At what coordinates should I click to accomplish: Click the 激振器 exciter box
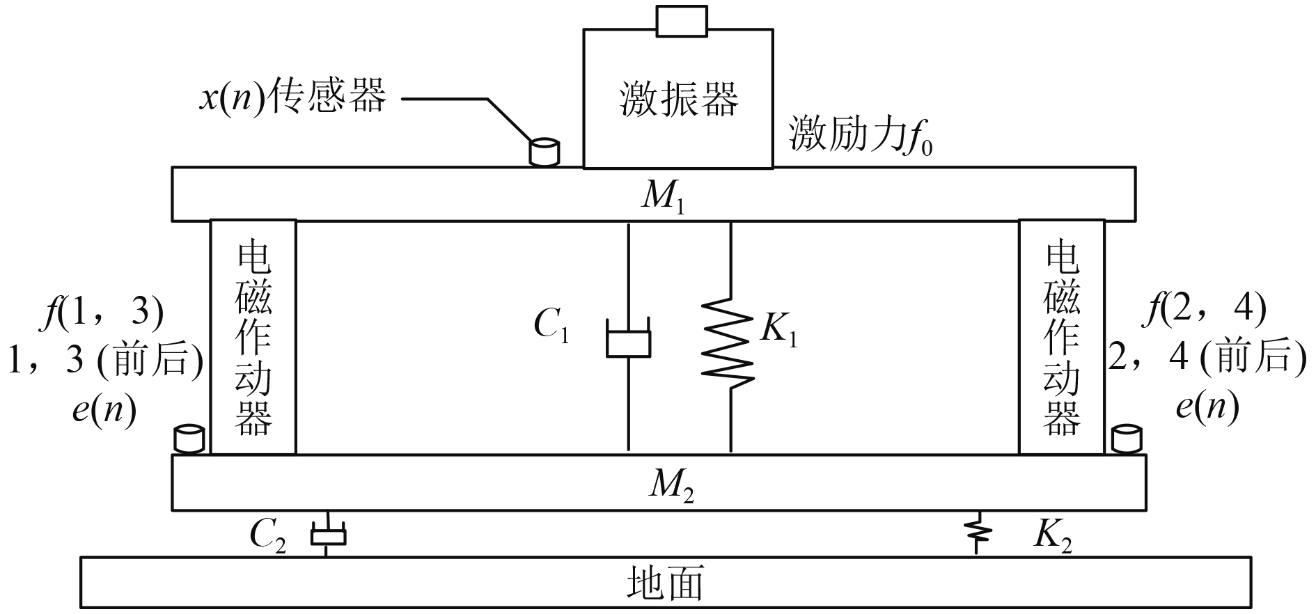pos(677,98)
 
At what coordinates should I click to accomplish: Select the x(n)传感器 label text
pos(292,97)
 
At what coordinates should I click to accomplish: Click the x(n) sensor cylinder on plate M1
pos(545,152)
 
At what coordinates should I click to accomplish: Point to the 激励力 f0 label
pos(861,134)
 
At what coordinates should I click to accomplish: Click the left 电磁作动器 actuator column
pos(253,338)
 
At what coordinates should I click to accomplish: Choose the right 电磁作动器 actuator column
pos(1061,338)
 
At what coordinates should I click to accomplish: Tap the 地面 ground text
pos(665,583)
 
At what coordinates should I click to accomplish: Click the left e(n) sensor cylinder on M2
pos(188,439)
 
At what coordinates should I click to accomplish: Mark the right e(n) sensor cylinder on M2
pos(1126,439)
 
